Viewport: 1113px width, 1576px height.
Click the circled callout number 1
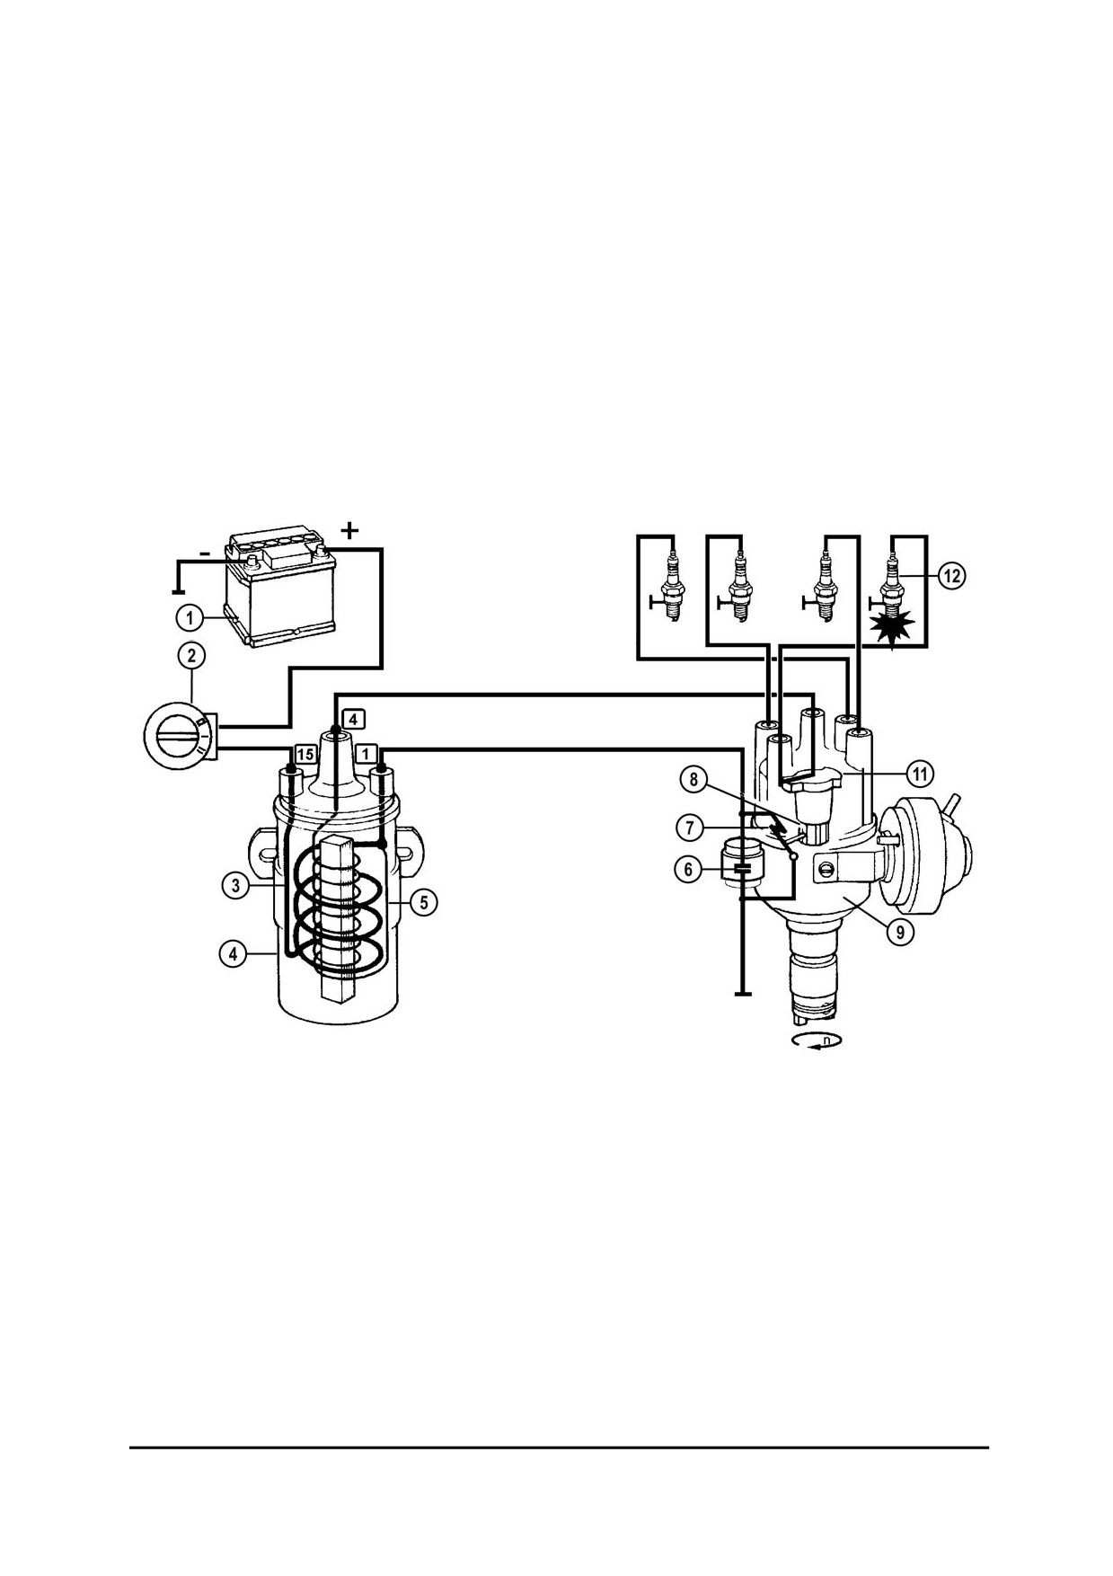click(x=190, y=618)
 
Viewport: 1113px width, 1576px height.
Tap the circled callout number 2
click(x=191, y=656)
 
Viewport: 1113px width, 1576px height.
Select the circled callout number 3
click(x=234, y=885)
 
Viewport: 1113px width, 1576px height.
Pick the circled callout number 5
click(x=424, y=902)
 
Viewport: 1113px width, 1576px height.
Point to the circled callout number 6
click(x=688, y=869)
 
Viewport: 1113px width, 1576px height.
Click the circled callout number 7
click(x=689, y=827)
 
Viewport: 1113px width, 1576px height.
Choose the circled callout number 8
click(x=693, y=779)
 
